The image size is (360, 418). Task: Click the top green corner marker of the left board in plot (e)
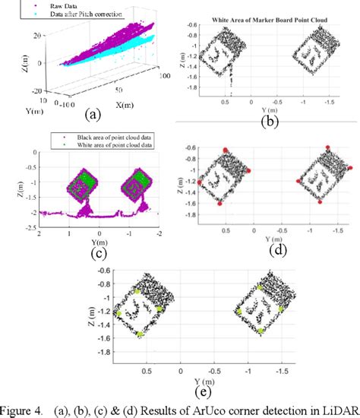tap(137, 290)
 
